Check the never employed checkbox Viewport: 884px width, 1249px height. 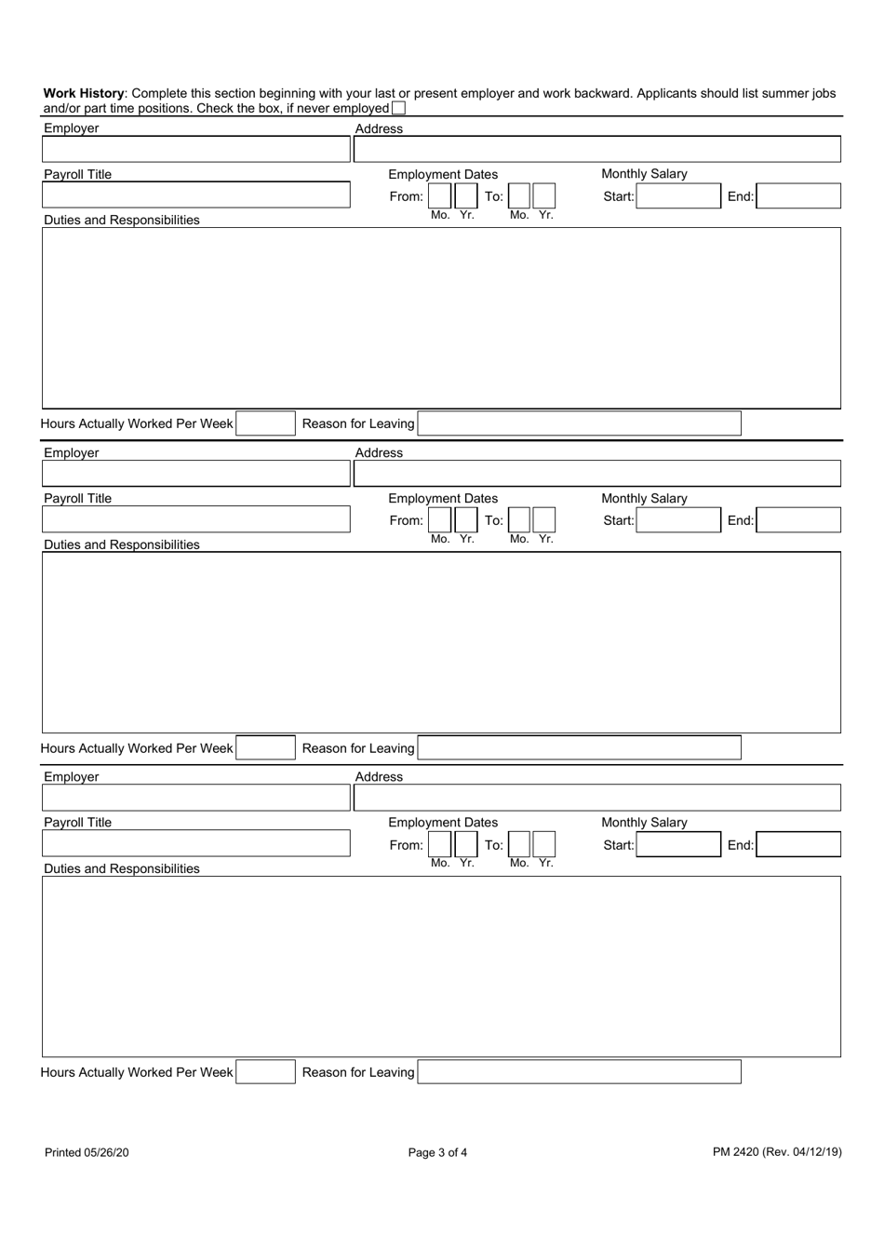point(398,108)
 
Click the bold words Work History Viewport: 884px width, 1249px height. point(84,93)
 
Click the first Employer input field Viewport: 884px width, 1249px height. point(195,149)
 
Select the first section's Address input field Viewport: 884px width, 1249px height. point(596,149)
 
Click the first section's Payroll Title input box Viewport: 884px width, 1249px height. point(195,195)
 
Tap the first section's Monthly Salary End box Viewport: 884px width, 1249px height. point(797,195)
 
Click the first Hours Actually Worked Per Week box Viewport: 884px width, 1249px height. point(265,423)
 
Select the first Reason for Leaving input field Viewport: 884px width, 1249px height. point(579,423)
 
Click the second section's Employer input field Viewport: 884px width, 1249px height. point(195,474)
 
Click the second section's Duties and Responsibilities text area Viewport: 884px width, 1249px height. point(441,642)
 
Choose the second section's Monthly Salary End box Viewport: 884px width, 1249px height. point(797,520)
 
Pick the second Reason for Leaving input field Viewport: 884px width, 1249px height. point(579,747)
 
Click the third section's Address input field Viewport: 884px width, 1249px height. point(596,798)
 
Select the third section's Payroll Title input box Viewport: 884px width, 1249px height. point(195,844)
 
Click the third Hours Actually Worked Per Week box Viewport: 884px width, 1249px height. point(265,1071)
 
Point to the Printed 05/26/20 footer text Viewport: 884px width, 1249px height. point(87,1152)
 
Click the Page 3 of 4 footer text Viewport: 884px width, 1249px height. point(437,1152)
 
